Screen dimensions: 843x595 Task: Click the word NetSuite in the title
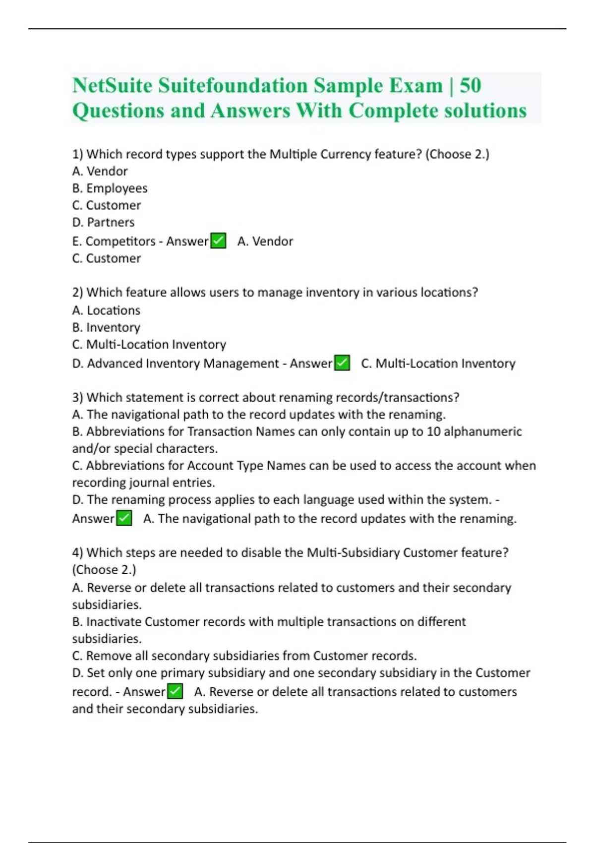(112, 85)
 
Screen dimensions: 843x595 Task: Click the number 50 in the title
(470, 85)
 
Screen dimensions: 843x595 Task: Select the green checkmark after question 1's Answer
(218, 241)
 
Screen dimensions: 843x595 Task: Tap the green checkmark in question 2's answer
(342, 363)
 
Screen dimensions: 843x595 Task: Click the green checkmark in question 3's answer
(124, 518)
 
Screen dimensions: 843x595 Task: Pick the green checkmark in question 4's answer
(175, 691)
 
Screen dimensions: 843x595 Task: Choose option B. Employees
(110, 188)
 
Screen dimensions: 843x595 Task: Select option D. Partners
(103, 222)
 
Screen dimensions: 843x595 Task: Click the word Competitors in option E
(120, 241)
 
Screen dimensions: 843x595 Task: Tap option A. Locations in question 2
(106, 310)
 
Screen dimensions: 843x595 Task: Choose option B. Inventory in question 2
(106, 327)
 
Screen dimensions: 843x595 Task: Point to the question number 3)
(77, 398)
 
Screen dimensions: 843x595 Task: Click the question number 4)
(77, 553)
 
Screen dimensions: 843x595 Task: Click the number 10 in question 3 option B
(433, 431)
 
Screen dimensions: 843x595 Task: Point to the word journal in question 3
(149, 482)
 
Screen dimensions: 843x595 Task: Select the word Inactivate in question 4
(114, 622)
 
